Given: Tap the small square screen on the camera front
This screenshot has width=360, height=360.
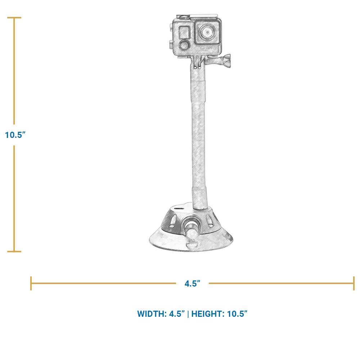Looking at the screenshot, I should pyautogui.click(x=184, y=32).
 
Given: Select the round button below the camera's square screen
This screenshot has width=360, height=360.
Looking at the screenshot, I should pyautogui.click(x=184, y=46).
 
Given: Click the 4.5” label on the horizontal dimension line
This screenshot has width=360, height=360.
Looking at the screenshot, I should pyautogui.click(x=192, y=284).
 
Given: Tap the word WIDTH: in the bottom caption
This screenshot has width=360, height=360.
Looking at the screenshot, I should pyautogui.click(x=153, y=314).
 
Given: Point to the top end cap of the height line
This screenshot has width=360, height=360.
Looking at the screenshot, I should pyautogui.click(x=14, y=17).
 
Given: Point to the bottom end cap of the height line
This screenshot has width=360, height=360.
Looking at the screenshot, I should pyautogui.click(x=14, y=251).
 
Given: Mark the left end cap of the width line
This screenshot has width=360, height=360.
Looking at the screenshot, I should pyautogui.click(x=31, y=283).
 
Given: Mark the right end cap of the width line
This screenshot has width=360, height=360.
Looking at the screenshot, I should pyautogui.click(x=354, y=283).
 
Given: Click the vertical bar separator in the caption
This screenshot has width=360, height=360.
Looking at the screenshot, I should pyautogui.click(x=188, y=314).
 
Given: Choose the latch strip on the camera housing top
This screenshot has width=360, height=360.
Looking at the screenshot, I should pyautogui.click(x=203, y=17).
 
